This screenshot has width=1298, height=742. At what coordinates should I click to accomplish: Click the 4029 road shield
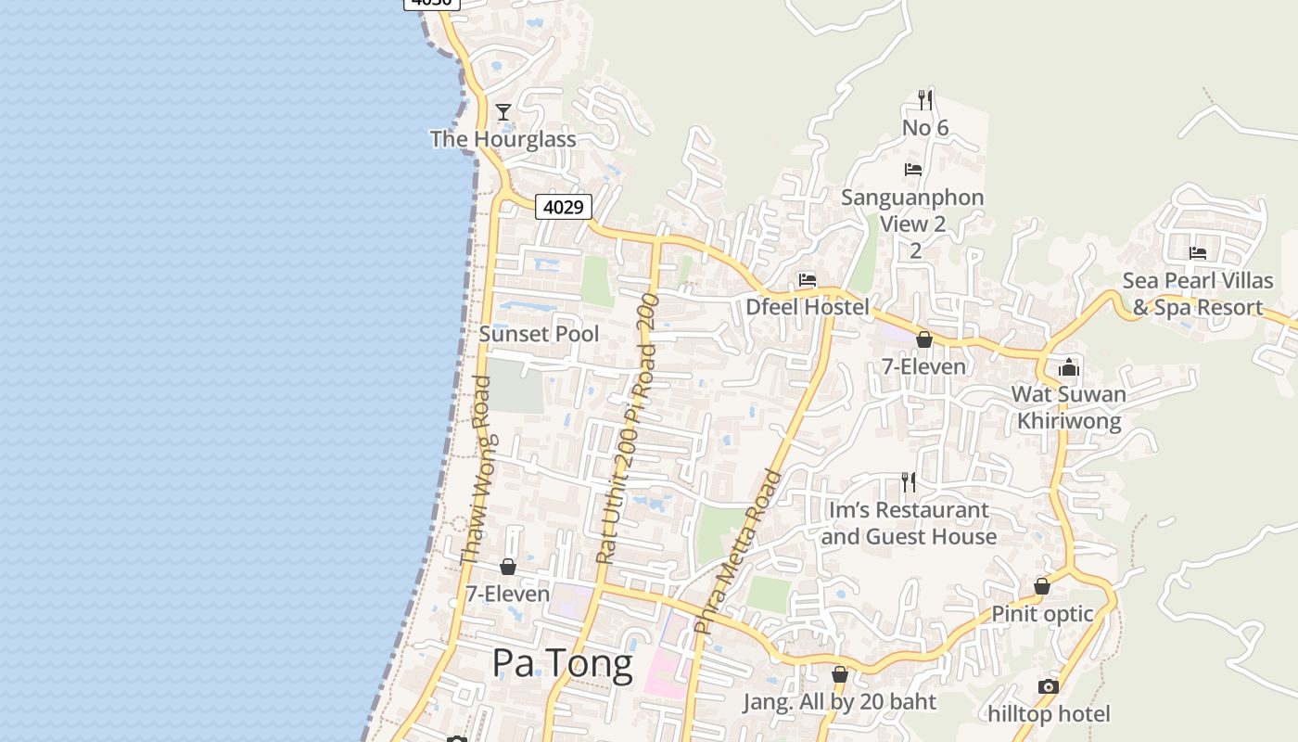tap(563, 207)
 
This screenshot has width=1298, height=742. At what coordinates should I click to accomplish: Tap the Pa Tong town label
tap(562, 663)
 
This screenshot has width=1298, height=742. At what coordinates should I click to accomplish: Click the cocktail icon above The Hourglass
tap(503, 112)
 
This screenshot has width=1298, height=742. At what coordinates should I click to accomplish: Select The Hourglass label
tap(503, 139)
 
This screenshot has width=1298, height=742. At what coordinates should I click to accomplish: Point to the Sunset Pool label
tap(539, 334)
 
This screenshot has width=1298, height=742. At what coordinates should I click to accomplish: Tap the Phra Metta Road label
tap(738, 553)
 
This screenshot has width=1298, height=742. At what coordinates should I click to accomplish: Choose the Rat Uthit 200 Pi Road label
tap(628, 429)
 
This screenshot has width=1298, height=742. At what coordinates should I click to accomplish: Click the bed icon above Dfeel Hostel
tap(808, 280)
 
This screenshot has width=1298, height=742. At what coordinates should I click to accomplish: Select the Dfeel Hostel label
tap(808, 307)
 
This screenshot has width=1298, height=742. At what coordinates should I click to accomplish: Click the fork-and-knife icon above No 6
tap(925, 99)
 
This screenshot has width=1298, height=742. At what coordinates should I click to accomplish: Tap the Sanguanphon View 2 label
tap(912, 224)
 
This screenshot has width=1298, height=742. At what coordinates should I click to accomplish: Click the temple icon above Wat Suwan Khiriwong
tap(1069, 367)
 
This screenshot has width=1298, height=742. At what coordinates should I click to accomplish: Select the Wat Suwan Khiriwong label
tap(1069, 407)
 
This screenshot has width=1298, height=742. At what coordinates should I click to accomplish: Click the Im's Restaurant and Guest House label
tap(909, 523)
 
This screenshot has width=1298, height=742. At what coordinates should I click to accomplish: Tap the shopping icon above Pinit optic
tap(1042, 586)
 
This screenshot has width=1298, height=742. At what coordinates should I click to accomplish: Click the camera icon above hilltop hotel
tap(1049, 686)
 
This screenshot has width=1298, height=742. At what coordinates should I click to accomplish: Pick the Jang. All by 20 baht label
tap(840, 702)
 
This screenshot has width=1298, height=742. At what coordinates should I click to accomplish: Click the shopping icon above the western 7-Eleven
tap(508, 567)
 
